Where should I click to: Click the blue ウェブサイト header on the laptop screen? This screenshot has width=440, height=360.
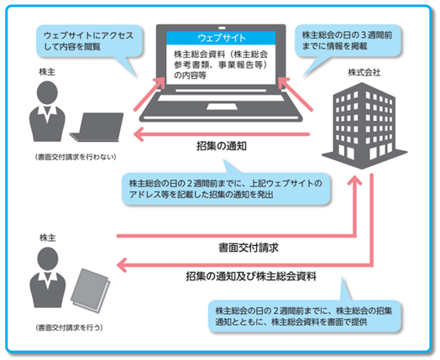[x=221, y=38]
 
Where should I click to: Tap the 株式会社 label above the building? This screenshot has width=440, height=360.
[x=364, y=73]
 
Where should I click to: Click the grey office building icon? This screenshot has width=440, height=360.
[x=364, y=126]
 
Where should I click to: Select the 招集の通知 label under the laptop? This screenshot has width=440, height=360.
[x=222, y=146]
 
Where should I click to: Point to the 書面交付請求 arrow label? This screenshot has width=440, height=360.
[x=249, y=248]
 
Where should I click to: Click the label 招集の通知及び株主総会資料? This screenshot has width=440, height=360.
[x=251, y=276]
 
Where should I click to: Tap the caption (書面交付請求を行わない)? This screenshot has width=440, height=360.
[x=76, y=157]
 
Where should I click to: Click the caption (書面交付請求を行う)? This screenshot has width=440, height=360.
[x=69, y=327]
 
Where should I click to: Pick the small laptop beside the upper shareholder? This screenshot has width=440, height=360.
[x=97, y=127]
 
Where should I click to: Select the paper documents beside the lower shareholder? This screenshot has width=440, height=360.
[x=91, y=290]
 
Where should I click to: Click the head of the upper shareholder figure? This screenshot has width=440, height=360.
[x=47, y=94]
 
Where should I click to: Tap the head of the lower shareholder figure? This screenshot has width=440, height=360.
[x=48, y=258]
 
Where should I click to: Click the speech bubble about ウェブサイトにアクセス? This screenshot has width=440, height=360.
[x=89, y=41]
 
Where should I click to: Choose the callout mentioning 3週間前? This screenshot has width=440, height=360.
[x=348, y=40]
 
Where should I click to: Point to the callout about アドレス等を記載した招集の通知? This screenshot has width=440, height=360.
[x=226, y=189]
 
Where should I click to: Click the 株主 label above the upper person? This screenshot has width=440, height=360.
[x=47, y=72]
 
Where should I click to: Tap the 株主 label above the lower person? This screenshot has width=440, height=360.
[x=47, y=238]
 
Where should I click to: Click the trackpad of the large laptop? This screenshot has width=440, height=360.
[x=222, y=107]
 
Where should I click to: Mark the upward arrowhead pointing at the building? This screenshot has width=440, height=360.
[x=354, y=181]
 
